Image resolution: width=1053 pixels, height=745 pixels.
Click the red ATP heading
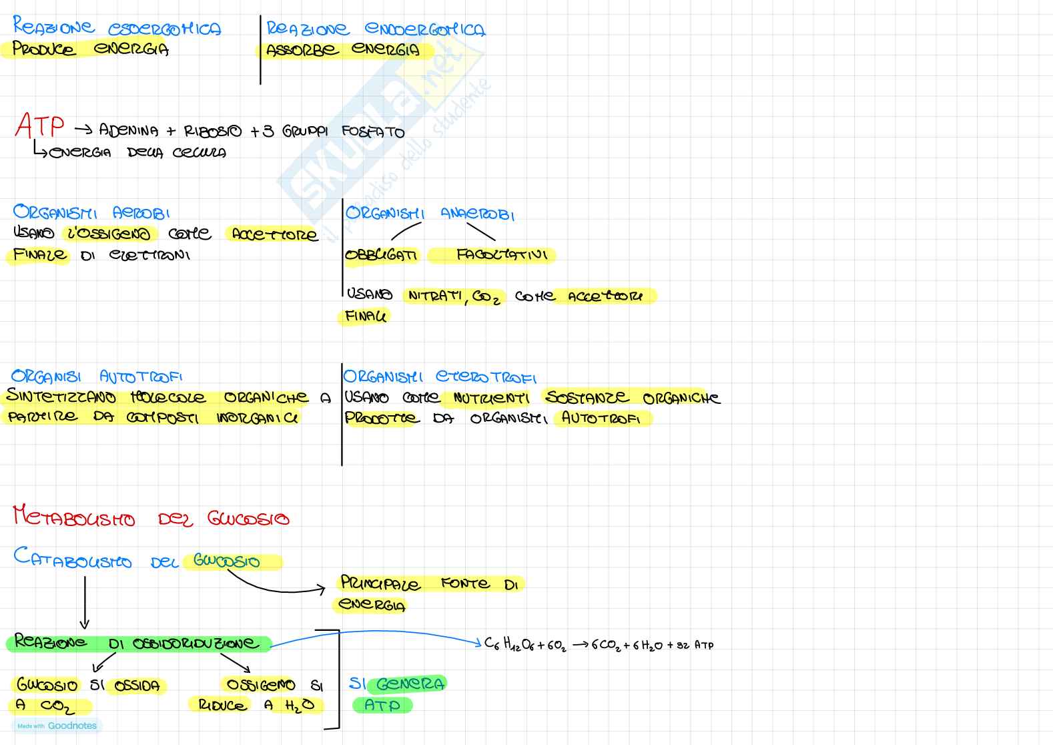tap(40, 126)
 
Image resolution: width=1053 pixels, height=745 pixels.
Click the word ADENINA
tap(129, 130)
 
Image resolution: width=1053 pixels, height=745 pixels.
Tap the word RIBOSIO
tap(213, 131)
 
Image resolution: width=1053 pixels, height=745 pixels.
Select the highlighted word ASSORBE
tap(302, 51)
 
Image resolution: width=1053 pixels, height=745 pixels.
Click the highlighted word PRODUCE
tap(44, 49)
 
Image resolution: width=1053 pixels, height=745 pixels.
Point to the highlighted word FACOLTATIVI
tap(501, 255)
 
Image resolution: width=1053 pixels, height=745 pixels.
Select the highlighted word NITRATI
tap(436, 296)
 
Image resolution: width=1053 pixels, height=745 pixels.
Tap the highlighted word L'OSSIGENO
tap(109, 234)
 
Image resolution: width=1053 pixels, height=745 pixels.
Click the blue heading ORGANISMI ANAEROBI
tap(430, 214)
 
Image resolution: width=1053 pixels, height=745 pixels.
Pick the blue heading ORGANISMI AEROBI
tap(91, 212)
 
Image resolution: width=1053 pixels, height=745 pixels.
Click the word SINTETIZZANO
tap(61, 397)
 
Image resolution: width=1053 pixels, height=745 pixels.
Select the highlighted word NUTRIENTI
tap(490, 399)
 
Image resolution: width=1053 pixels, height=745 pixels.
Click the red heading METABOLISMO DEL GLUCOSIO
tap(151, 518)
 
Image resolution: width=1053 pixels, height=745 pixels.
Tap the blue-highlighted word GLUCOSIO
tap(227, 561)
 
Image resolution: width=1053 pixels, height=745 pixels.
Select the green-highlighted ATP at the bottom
tap(382, 706)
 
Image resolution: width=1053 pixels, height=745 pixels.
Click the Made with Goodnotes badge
tap(57, 726)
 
